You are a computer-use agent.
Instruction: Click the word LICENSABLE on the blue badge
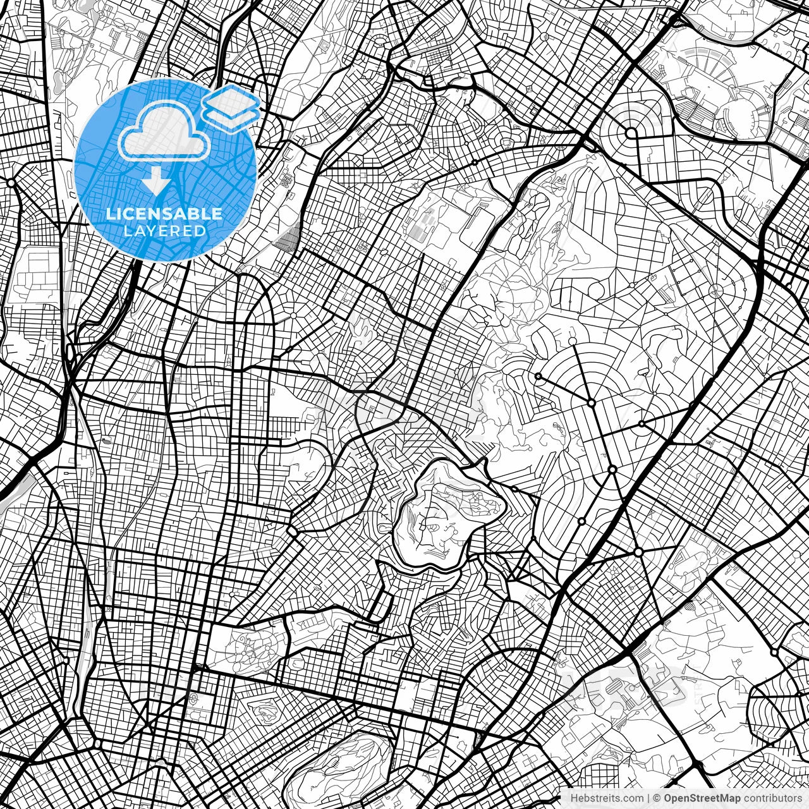[164, 214]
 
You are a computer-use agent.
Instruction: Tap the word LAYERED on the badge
[164, 231]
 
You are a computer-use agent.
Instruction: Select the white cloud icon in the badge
[164, 133]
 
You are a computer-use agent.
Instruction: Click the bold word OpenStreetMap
[700, 798]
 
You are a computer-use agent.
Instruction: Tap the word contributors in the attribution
[770, 798]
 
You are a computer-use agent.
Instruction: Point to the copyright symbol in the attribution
[657, 798]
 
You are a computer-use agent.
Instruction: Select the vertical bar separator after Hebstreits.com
[648, 798]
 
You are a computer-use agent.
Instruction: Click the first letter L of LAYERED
[126, 231]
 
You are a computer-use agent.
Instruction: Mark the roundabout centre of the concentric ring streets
[631, 133]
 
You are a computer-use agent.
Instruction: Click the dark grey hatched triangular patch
[288, 240]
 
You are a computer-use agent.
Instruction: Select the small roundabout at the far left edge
[11, 183]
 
